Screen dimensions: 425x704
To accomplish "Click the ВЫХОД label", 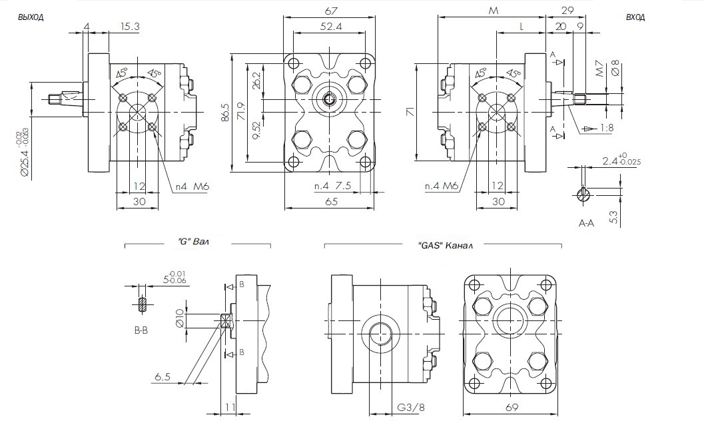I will click(31, 18).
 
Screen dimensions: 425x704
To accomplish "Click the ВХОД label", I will click(635, 18).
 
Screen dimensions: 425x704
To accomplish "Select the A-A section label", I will click(587, 224).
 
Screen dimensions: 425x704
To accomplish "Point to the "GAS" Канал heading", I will click(445, 245).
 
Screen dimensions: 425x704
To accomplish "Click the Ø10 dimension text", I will click(178, 318).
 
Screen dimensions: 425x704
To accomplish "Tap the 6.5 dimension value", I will click(163, 377).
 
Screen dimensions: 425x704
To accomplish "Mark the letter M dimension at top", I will click(493, 11).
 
